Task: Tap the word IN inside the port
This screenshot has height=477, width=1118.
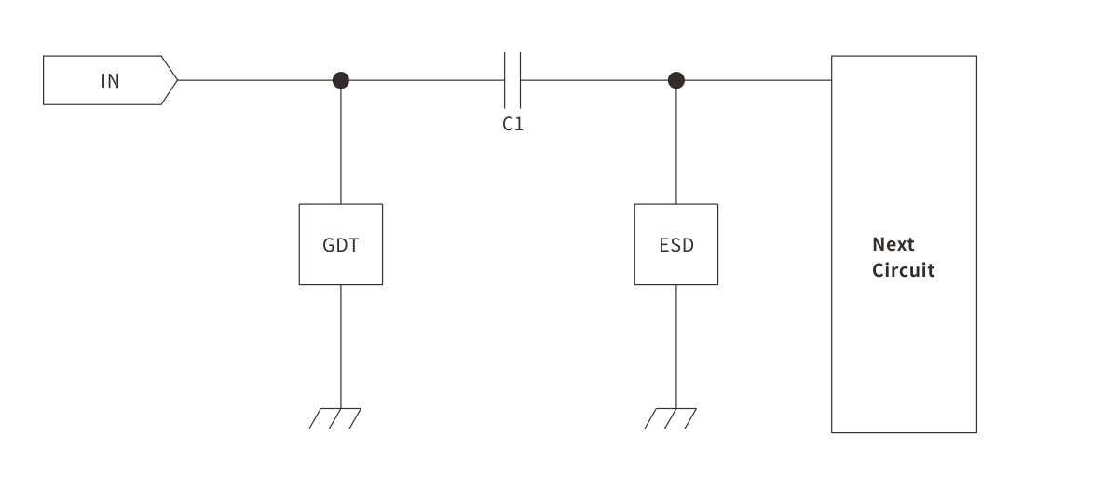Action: click(110, 80)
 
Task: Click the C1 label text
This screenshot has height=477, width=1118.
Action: click(512, 124)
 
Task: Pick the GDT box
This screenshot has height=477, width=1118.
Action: click(340, 244)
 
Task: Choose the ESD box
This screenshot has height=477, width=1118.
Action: click(676, 244)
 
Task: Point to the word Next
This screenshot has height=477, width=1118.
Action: click(893, 244)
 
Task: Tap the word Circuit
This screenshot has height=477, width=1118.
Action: click(903, 271)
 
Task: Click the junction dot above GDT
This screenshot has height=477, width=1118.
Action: click(341, 80)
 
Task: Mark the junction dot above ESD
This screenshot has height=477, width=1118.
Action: click(676, 80)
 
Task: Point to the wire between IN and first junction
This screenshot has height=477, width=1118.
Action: click(256, 80)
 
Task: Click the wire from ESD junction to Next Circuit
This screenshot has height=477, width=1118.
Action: click(755, 80)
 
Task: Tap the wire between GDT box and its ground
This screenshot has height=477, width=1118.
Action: click(341, 345)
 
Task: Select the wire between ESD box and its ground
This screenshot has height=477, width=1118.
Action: click(676, 345)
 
